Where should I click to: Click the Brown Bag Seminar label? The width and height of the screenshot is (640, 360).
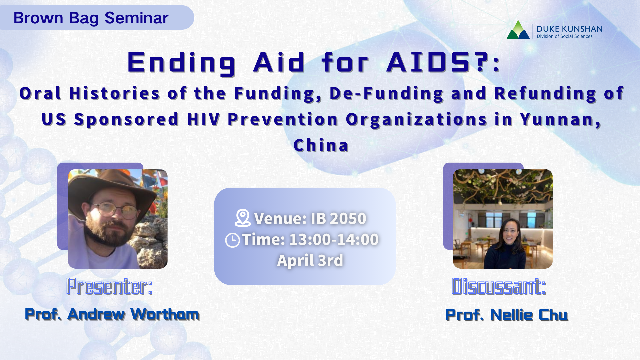point(91,18)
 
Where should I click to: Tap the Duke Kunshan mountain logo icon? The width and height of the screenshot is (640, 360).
point(518,30)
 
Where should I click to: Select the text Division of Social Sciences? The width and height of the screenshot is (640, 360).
point(565,36)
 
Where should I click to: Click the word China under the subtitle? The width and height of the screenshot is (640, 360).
point(321,145)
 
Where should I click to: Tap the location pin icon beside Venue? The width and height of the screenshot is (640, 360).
point(243,218)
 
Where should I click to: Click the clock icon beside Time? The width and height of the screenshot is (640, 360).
point(232,240)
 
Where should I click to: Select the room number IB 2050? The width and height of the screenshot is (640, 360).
point(338,219)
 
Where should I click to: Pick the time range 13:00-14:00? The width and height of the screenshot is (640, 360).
point(334,240)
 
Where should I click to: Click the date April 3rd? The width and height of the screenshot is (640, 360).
point(310,261)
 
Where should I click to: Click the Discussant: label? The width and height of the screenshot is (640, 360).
point(499,286)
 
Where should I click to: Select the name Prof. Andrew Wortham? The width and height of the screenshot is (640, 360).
point(112,314)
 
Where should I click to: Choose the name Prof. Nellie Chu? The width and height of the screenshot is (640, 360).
point(507,315)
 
